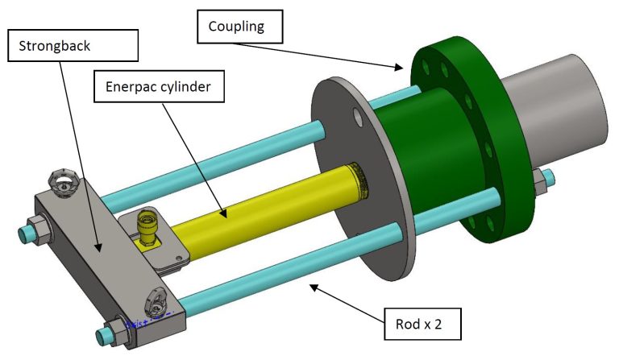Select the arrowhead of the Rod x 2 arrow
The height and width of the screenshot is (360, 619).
(x=311, y=283)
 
